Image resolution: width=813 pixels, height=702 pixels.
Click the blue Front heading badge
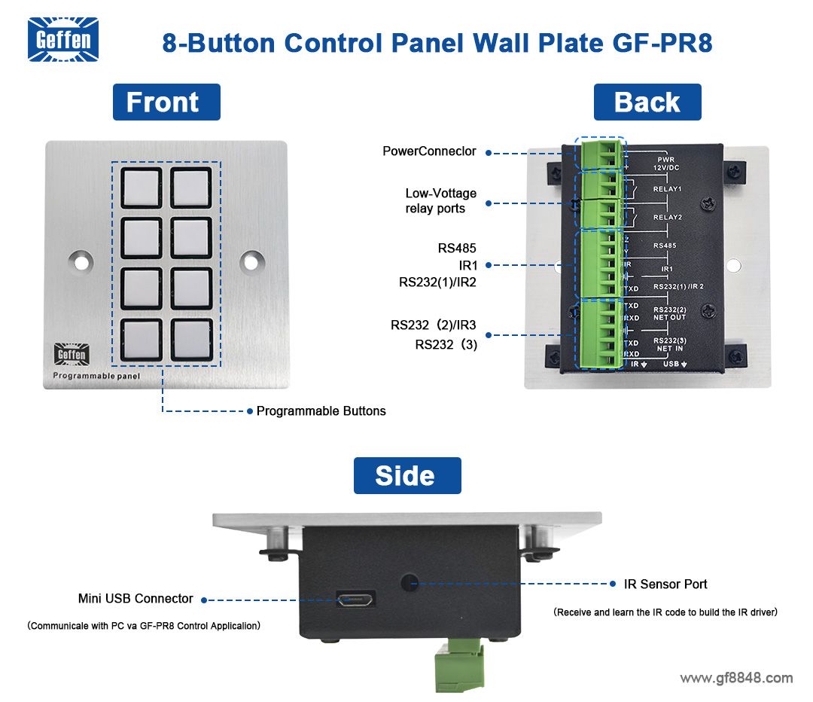166,102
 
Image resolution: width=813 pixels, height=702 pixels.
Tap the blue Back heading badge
647,102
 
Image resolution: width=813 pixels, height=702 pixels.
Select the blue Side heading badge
407,476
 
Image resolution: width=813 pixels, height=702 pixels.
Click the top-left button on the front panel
142,188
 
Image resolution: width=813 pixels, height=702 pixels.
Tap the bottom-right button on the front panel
190,339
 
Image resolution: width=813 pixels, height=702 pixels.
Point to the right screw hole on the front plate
251,262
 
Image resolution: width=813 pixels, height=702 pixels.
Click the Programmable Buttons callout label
321,411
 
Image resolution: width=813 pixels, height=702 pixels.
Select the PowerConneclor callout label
429,151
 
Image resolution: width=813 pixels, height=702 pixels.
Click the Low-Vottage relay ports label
440,201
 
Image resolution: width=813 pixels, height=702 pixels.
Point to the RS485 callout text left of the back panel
457,248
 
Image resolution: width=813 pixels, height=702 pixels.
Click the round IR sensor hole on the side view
409,582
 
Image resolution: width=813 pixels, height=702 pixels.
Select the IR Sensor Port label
665,584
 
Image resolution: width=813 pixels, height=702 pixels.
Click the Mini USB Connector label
135,599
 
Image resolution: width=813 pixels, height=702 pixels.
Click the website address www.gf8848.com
735,679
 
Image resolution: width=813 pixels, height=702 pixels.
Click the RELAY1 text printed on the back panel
667,190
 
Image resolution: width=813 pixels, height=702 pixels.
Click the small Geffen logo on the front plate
72,355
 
